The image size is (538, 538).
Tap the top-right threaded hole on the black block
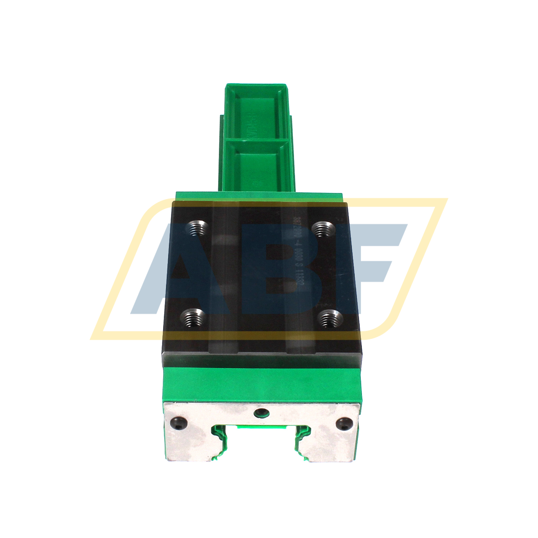pyautogui.click(x=323, y=229)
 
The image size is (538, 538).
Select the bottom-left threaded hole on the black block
pyautogui.click(x=192, y=318)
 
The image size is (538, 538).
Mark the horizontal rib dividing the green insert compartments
pyautogui.click(x=257, y=139)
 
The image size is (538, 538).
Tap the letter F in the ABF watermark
pyautogui.click(x=374, y=259)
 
